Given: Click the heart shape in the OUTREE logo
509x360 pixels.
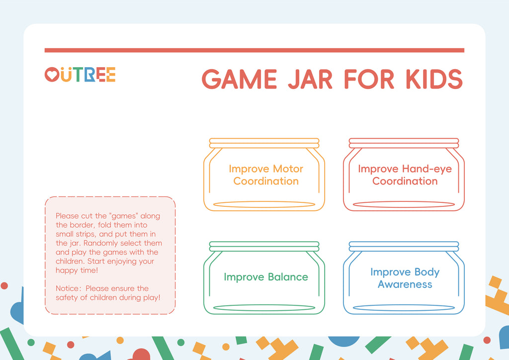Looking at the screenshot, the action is click(52, 75).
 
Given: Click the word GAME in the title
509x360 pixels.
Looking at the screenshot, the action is click(239, 79).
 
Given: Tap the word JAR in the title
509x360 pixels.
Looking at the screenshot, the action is click(310, 79).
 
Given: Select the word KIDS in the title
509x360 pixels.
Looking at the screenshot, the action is click(434, 79).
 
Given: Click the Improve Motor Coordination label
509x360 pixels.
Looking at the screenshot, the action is click(266, 175).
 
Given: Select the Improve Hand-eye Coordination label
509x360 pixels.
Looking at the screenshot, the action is click(405, 175).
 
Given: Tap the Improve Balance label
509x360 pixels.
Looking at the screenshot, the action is click(266, 277).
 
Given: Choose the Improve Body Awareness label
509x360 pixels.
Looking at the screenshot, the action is click(405, 278).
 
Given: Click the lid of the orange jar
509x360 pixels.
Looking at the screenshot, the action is click(264, 143).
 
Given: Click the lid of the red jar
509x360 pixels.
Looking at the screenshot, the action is click(404, 143).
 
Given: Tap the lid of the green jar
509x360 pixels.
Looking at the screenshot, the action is click(264, 247).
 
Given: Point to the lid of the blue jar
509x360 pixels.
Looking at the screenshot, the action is click(404, 247).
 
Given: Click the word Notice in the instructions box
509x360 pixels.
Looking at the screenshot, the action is click(67, 288).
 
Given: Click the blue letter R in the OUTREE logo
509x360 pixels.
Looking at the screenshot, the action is click(90, 75).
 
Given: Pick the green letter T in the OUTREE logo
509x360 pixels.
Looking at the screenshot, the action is click(78, 75).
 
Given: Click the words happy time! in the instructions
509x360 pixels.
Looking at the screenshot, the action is click(77, 270).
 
